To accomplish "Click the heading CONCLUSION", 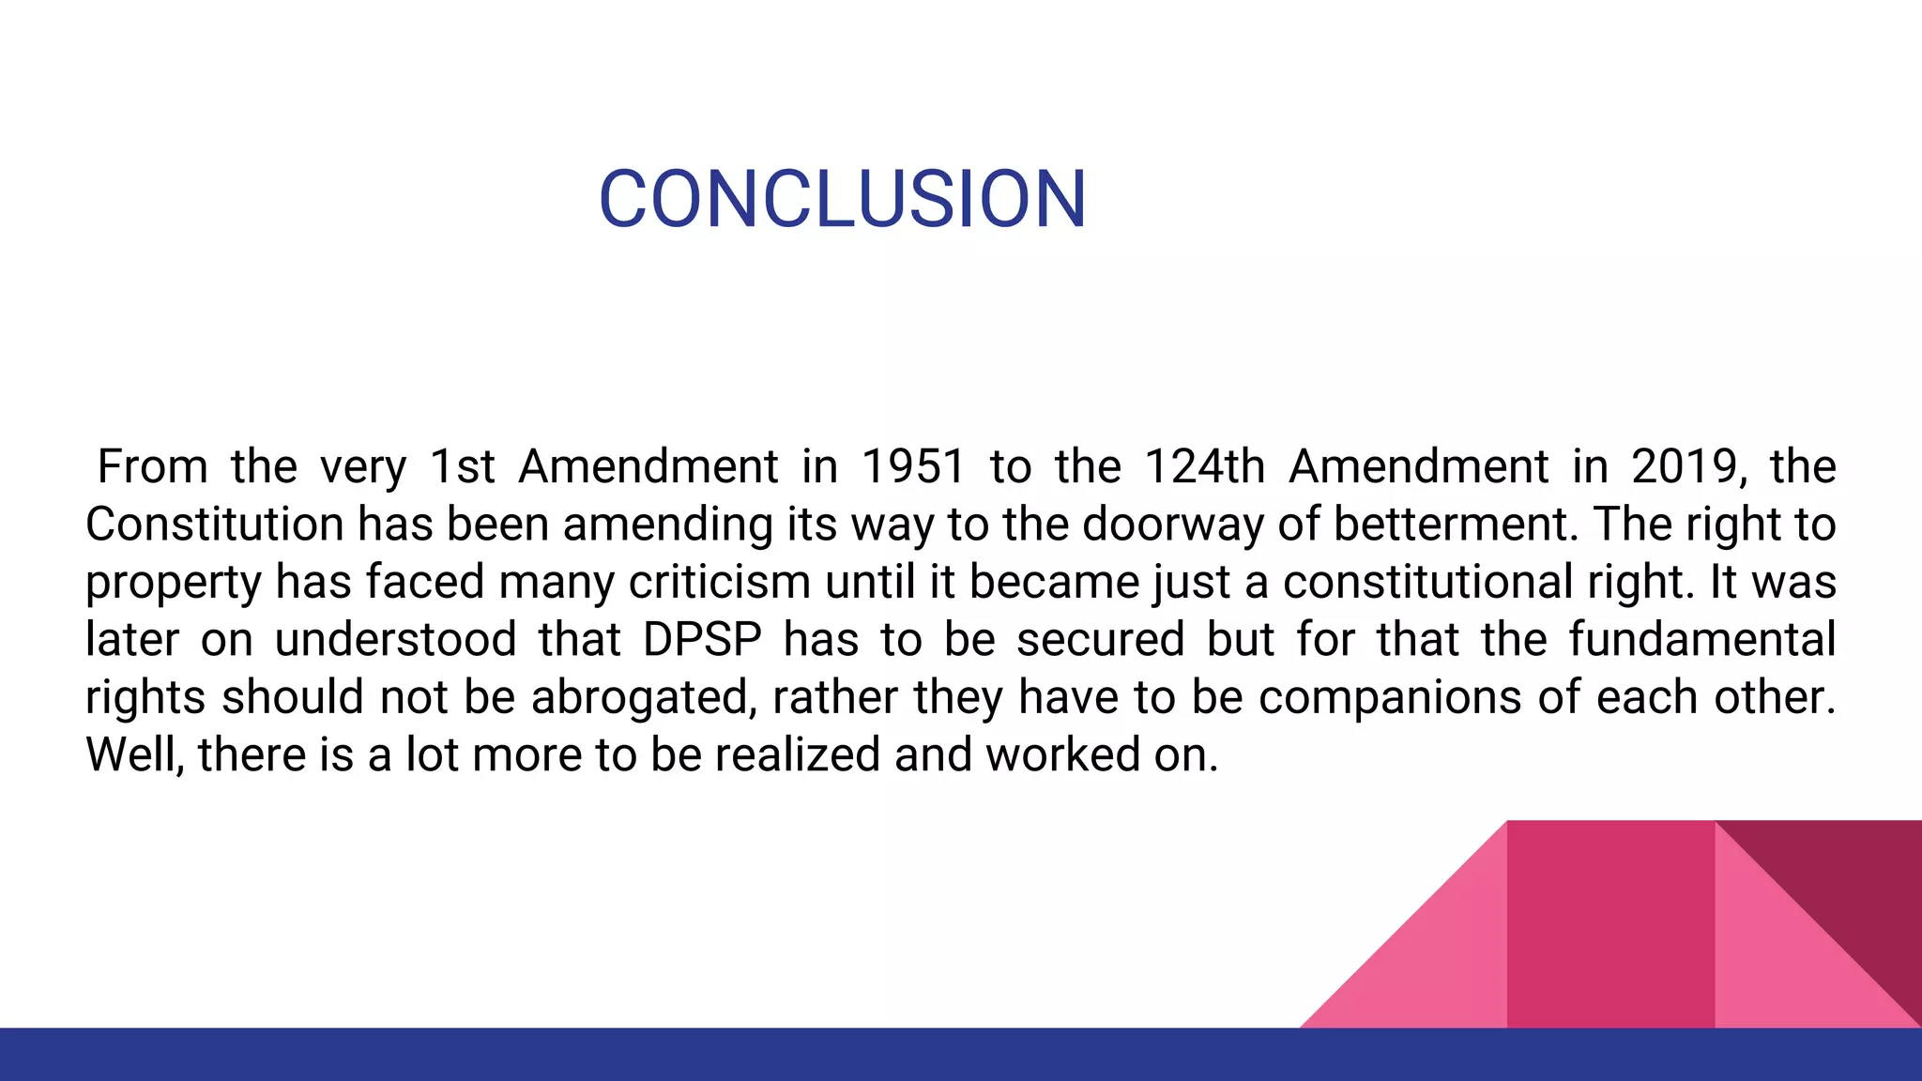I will click(842, 199).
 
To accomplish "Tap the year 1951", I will click(912, 466).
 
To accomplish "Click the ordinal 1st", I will click(462, 466).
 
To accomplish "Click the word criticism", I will click(719, 582).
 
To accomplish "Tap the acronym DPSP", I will click(702, 639).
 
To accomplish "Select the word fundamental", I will click(1701, 639).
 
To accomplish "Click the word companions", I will click(1390, 697).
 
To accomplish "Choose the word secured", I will click(1100, 639).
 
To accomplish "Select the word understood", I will click(395, 639).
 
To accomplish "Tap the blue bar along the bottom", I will click(961, 1055).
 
